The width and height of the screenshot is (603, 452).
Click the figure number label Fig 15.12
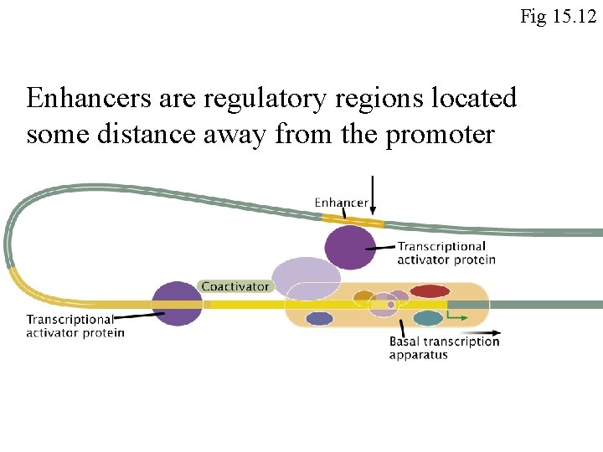558,15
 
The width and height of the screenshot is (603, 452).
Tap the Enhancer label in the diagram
341,203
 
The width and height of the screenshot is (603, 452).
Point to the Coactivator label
236,286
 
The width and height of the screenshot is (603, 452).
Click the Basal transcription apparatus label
444,347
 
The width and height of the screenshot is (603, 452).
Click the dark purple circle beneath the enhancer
350,248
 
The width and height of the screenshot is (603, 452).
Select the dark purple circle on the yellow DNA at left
178,303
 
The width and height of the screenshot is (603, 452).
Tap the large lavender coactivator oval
307,277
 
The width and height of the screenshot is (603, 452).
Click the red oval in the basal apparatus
430,291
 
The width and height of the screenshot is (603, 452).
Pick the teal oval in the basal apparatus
428,318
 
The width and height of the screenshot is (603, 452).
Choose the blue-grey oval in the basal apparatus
320,318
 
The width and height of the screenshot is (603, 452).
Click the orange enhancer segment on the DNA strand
353,221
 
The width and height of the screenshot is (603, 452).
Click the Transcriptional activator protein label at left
75,326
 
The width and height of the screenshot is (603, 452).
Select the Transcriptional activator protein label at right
446,253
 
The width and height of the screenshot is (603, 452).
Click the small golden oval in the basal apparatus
363,296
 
